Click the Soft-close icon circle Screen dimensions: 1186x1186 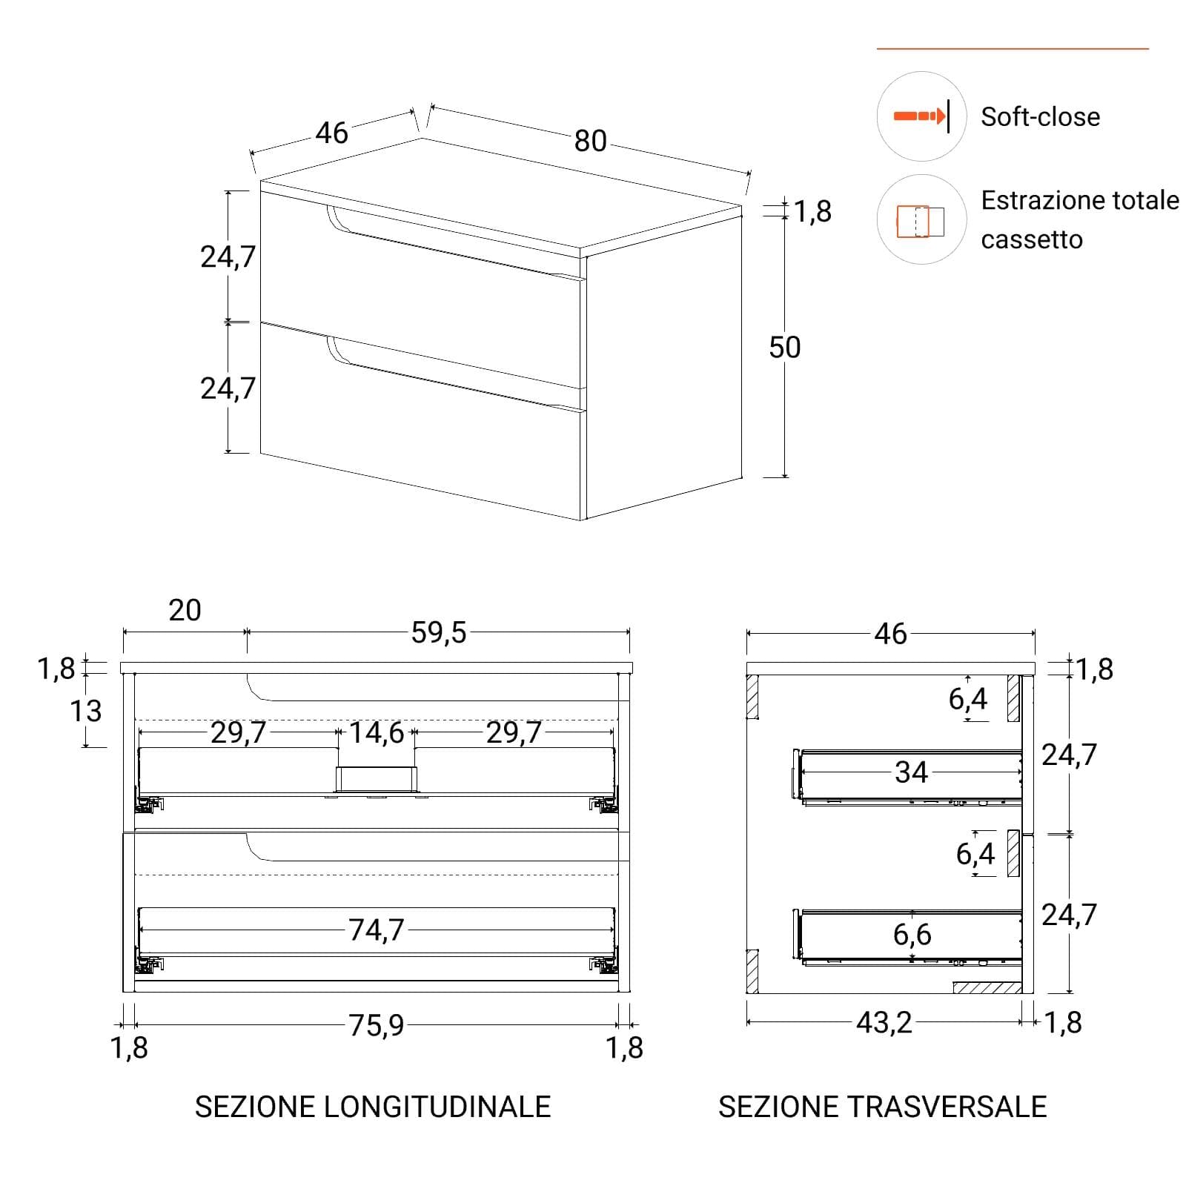click(921, 116)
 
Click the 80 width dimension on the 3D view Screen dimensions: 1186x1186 click(590, 141)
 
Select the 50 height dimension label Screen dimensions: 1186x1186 click(785, 347)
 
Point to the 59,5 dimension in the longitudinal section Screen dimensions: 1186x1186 click(439, 632)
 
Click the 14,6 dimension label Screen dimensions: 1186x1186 click(377, 732)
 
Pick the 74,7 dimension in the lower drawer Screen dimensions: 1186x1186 click(377, 930)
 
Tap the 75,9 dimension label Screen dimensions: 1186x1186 click(377, 1025)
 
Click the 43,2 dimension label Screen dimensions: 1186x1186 click(884, 1023)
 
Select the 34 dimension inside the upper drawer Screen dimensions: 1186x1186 click(911, 772)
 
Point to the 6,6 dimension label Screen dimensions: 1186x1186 click(912, 935)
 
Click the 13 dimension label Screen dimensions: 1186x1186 click(85, 711)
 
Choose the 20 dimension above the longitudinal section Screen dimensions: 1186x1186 click(185, 610)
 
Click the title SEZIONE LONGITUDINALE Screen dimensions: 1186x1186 click(373, 1107)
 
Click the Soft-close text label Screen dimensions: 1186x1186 click(1041, 116)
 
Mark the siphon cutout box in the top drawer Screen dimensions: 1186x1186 click(377, 778)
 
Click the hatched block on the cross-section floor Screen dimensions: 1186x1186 click(987, 987)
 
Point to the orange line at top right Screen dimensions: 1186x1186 click(1013, 49)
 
